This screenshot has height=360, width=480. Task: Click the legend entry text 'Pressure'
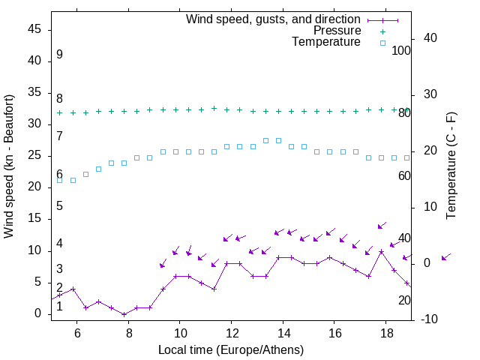coord(337,31)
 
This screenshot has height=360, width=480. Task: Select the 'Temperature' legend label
coord(326,43)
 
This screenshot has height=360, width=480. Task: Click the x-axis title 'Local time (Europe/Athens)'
coord(231,350)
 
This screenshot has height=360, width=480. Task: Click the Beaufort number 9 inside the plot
coord(59,55)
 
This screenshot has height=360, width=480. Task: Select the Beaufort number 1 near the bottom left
coord(59,306)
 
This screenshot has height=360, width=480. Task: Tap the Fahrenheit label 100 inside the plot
coord(402,50)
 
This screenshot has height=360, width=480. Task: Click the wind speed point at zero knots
coord(124,314)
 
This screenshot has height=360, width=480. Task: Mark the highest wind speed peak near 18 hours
coord(381,251)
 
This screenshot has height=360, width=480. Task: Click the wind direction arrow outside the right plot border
coord(445,257)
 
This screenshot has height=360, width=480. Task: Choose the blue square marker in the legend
coord(382,43)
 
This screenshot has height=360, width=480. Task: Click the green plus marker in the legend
coord(382,31)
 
